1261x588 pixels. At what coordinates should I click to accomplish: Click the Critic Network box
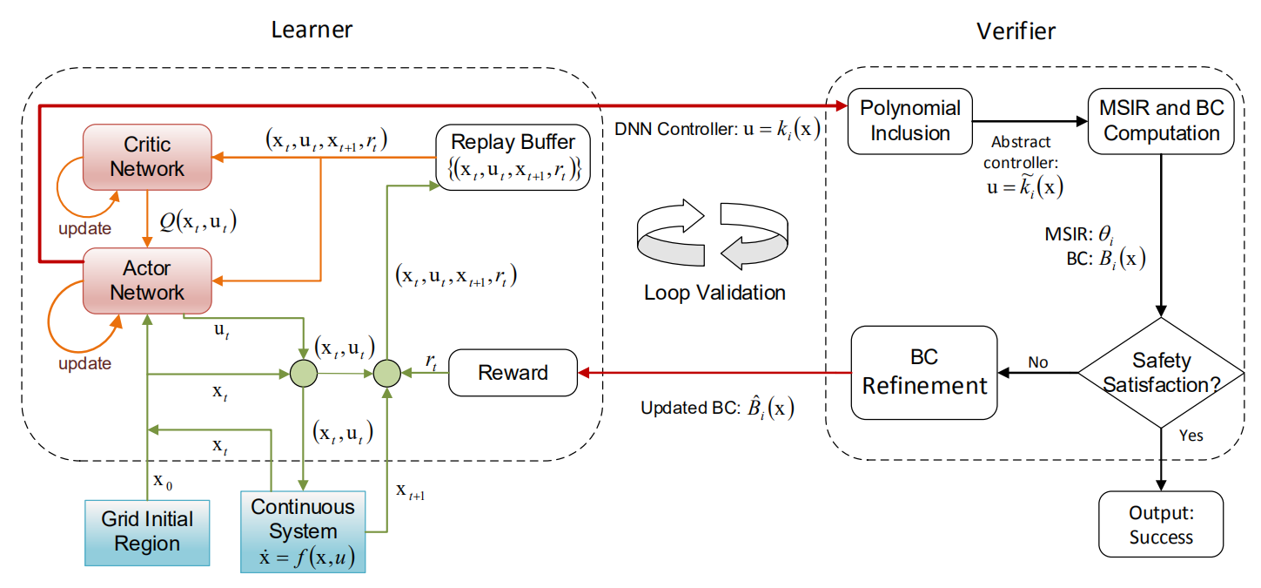[147, 157]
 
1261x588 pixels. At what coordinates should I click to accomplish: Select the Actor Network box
[147, 280]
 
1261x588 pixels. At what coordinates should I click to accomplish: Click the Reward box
[513, 373]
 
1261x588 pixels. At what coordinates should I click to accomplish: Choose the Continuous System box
[303, 532]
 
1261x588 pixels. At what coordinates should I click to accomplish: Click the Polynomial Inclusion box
[910, 121]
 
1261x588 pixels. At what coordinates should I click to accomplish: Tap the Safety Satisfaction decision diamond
[1161, 372]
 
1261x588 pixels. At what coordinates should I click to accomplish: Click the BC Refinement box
[924, 372]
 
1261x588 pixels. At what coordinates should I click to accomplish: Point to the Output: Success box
[1161, 524]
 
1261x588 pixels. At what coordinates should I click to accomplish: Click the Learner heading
[312, 30]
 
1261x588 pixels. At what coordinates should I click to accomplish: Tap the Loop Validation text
[714, 293]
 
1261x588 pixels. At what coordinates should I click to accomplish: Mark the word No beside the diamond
[1037, 361]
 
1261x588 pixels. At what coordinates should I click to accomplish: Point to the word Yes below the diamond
[1191, 435]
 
